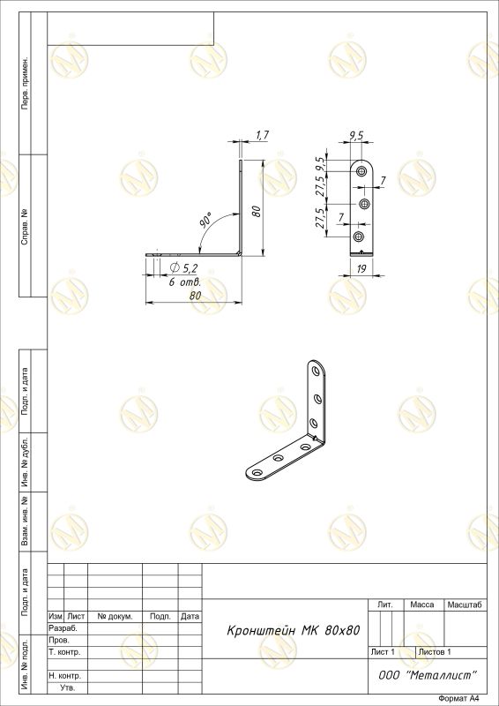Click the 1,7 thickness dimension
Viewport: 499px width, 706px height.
(x=263, y=134)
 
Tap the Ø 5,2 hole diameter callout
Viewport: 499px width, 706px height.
(x=182, y=268)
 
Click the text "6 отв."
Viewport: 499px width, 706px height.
(x=184, y=282)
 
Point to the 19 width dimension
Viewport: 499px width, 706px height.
(x=361, y=269)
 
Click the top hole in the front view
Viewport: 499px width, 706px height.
(x=361, y=171)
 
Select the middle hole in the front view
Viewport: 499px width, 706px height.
(x=365, y=204)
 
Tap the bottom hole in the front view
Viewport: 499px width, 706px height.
(x=359, y=237)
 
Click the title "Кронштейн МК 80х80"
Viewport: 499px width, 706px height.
(x=294, y=630)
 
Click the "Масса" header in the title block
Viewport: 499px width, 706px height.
(x=422, y=605)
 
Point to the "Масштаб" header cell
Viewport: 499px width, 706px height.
(x=465, y=605)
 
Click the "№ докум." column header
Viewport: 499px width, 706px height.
(x=115, y=616)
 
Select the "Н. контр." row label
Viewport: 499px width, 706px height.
(x=64, y=676)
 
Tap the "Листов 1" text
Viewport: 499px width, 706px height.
(x=435, y=651)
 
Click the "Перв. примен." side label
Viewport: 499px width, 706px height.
(x=26, y=83)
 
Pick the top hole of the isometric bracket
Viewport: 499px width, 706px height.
(x=317, y=372)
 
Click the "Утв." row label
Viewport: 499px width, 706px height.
(x=68, y=688)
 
